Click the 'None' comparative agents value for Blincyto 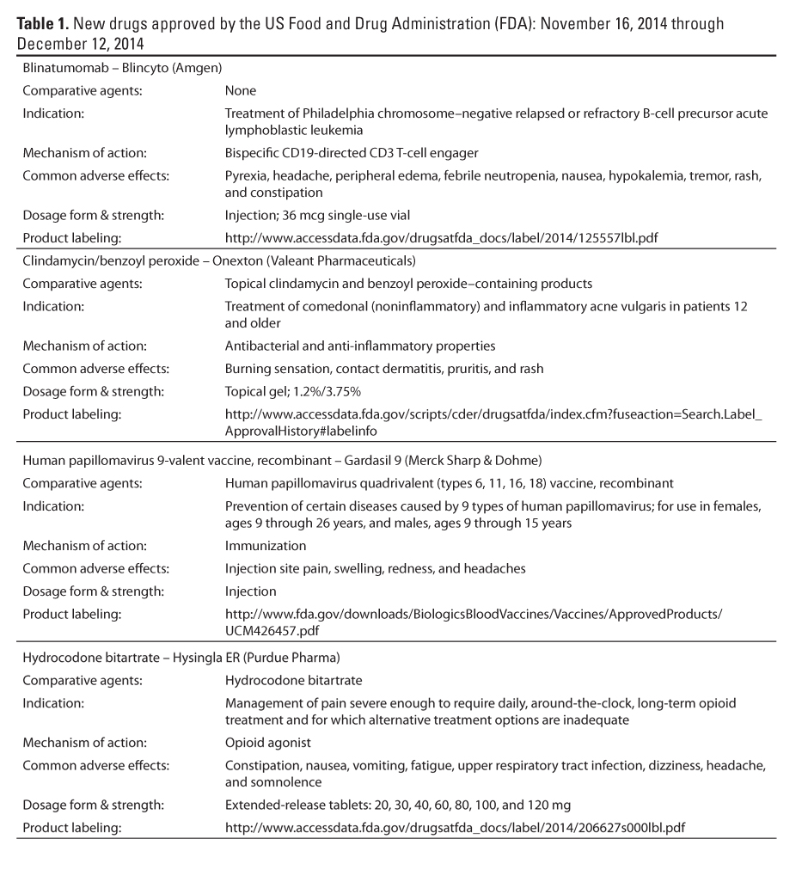point(240,90)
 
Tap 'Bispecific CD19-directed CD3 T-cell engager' point(351,153)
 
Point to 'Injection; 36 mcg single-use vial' point(322,215)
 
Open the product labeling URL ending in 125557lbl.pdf point(442,237)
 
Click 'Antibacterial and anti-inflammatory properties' point(359,346)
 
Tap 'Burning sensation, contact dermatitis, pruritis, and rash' point(383,368)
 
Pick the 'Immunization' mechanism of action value point(265,546)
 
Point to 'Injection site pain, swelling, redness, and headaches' point(375,568)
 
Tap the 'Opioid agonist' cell point(267,742)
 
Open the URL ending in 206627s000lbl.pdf point(455,828)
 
